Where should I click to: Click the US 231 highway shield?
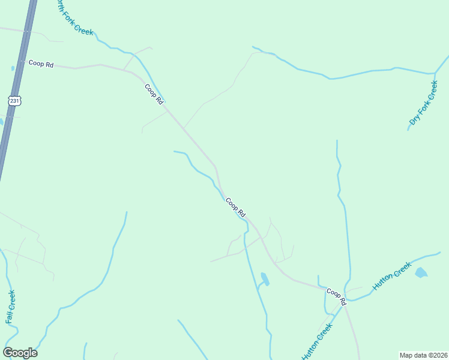click(14, 101)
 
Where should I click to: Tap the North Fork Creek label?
click(74, 17)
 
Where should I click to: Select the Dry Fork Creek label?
click(424, 103)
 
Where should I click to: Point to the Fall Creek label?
click(11, 307)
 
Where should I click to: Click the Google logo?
click(20, 353)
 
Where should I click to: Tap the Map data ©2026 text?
click(423, 355)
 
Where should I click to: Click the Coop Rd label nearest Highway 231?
click(41, 64)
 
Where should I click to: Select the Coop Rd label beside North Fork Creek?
click(154, 94)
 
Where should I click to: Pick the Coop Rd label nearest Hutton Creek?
click(337, 296)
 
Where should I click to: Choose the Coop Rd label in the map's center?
click(236, 208)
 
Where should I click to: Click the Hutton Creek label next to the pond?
click(392, 276)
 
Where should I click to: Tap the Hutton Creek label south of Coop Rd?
click(317, 342)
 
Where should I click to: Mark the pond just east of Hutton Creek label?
click(421, 273)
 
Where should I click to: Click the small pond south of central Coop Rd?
click(265, 278)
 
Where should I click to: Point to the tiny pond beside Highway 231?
click(13, 68)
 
